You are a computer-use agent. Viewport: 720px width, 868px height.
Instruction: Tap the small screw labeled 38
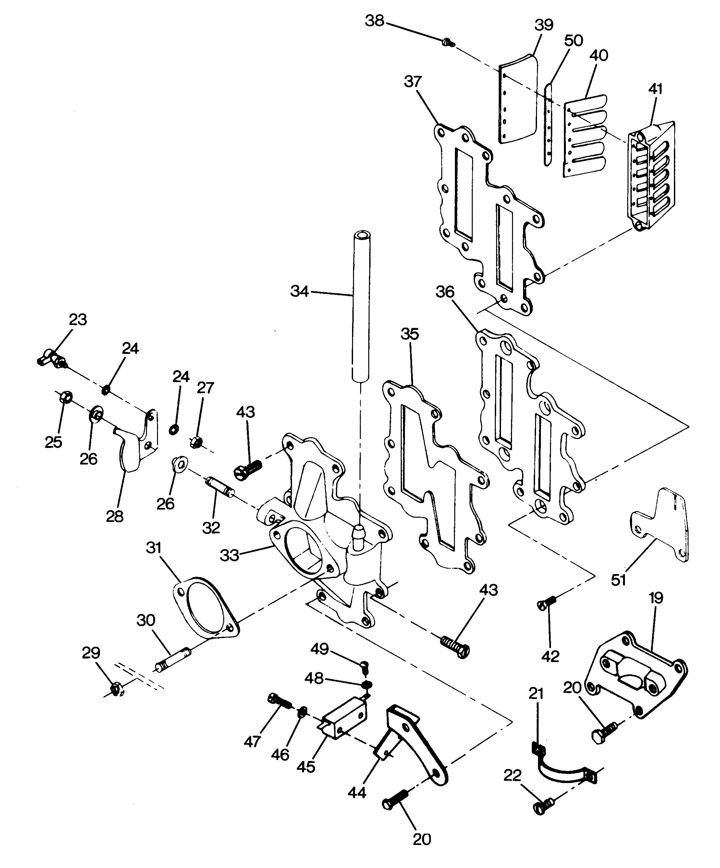click(448, 42)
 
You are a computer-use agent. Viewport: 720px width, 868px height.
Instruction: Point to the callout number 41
click(655, 89)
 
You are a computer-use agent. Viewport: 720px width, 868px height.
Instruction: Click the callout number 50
click(574, 41)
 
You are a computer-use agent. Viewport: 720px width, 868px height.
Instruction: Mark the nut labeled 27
click(195, 442)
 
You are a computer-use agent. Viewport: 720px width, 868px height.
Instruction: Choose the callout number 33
click(229, 555)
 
